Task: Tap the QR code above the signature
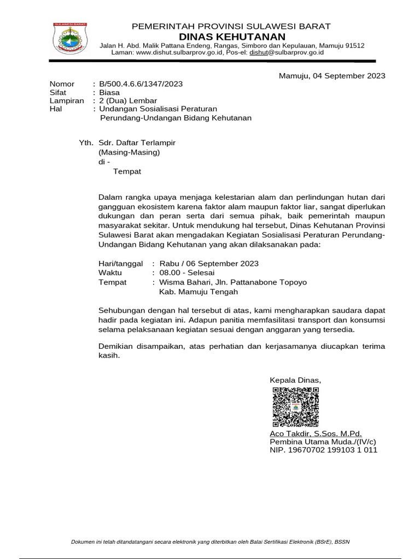coord(295,407)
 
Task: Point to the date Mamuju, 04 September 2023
coord(332,75)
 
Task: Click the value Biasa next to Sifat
coord(109,92)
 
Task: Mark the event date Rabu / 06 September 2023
coord(209,263)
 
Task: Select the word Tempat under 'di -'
coord(127,171)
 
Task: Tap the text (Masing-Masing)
coord(129,152)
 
